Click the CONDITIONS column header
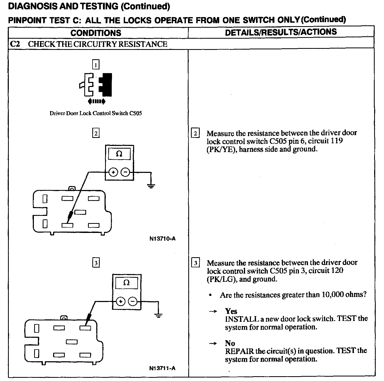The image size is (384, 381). click(96, 33)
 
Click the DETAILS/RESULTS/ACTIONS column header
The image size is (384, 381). click(281, 32)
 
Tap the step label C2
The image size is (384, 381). click(15, 44)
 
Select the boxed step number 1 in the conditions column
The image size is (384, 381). click(95, 65)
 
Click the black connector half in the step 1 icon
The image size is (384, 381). click(106, 85)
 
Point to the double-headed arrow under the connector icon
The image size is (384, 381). click(96, 101)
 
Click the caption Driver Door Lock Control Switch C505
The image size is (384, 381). click(96, 113)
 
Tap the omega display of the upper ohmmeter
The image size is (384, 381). click(119, 154)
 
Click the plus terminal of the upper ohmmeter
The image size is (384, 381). click(113, 172)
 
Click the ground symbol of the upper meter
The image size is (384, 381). click(151, 186)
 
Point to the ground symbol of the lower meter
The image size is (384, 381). click(159, 315)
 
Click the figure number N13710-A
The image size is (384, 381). click(162, 239)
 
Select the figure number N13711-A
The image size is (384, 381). click(162, 368)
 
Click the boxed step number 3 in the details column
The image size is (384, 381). click(195, 263)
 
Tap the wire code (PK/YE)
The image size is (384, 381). click(221, 149)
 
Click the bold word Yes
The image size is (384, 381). click(231, 311)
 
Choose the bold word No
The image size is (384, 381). click(230, 343)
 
